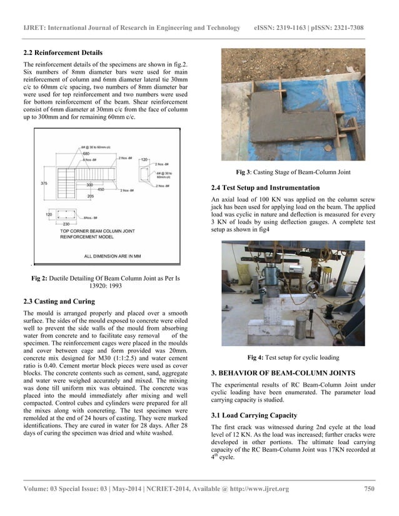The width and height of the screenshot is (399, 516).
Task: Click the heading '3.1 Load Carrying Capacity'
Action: click(x=258, y=415)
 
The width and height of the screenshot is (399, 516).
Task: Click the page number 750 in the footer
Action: click(x=368, y=489)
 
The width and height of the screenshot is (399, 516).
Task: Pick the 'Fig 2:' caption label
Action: click(x=42, y=278)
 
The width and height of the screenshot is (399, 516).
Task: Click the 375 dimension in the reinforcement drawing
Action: click(x=44, y=183)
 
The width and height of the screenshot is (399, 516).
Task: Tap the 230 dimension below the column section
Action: click(x=66, y=224)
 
